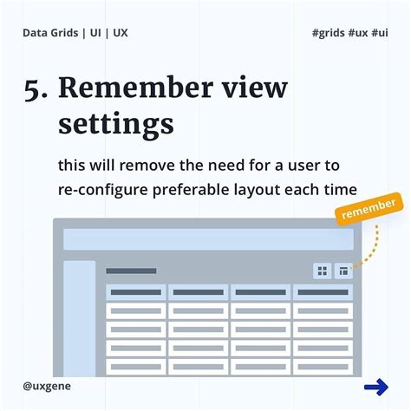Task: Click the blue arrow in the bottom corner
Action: tap(375, 388)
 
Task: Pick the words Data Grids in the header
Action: tap(51, 33)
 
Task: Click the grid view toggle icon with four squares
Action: tap(323, 271)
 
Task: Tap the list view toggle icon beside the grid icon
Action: tap(344, 271)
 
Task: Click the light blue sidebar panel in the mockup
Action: tap(80, 316)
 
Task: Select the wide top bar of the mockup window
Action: tap(208, 239)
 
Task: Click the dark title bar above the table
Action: tap(131, 271)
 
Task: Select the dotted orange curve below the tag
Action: tap(374, 245)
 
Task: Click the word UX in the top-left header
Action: tap(121, 33)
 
